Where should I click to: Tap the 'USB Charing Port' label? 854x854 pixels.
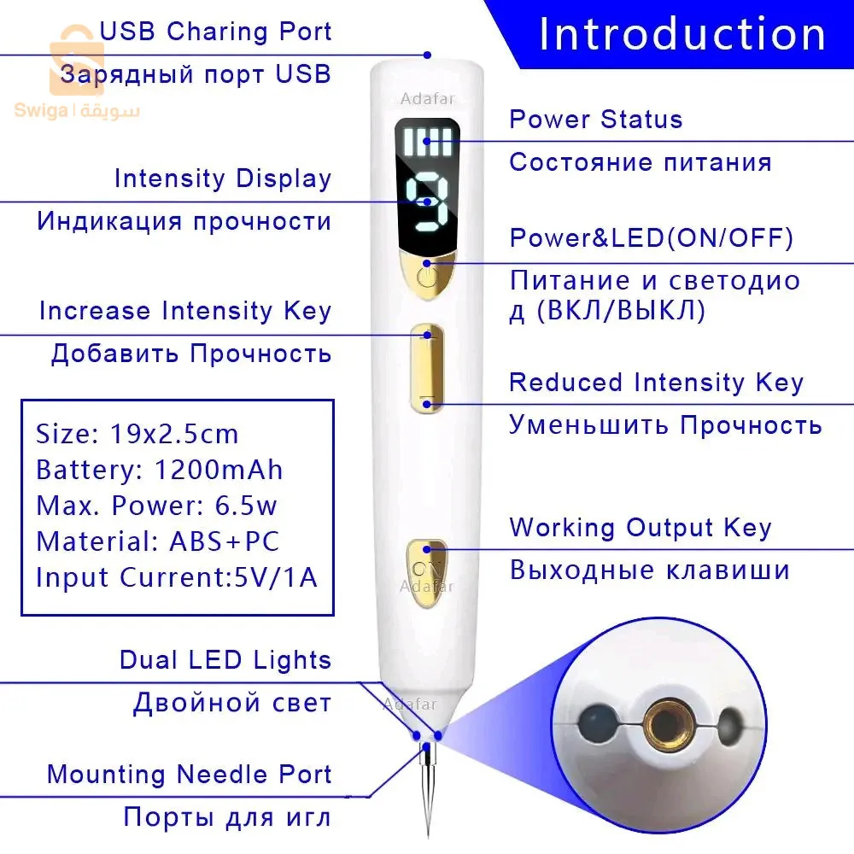click(215, 32)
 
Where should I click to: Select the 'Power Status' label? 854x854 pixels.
click(596, 119)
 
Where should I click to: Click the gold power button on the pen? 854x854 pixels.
click(427, 275)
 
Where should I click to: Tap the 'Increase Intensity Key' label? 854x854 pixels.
click(184, 311)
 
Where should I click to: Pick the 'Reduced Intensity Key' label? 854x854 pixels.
click(656, 383)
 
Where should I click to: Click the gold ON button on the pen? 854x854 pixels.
click(426, 570)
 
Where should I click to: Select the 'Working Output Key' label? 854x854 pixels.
click(640, 528)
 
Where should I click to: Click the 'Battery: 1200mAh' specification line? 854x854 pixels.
click(159, 470)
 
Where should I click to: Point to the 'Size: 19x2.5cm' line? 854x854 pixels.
click(137, 434)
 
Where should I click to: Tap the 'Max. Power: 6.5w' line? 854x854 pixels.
click(156, 506)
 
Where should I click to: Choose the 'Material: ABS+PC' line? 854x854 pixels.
click(157, 541)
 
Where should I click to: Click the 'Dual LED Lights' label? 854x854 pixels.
click(225, 659)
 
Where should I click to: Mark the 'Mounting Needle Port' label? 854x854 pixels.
click(189, 775)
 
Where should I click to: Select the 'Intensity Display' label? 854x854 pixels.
click(222, 178)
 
